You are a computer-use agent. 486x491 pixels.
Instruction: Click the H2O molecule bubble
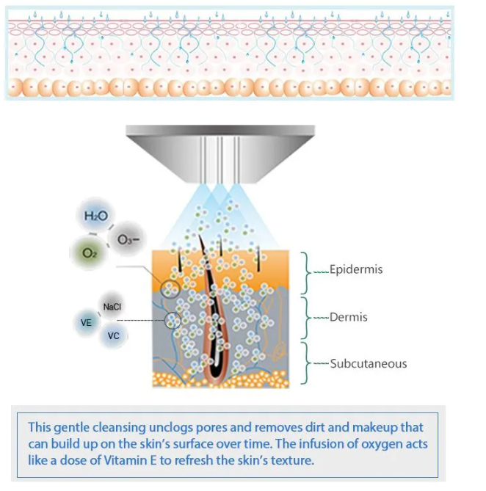(95, 217)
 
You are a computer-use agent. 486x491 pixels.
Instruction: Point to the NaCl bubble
(112, 307)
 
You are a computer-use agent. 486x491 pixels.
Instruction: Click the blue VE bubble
(87, 322)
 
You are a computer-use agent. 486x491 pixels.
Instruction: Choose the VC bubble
(114, 335)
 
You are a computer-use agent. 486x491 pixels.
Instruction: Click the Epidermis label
(356, 270)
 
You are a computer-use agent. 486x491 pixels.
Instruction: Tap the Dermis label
(349, 318)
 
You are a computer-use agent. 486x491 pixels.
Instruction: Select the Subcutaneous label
(368, 363)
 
